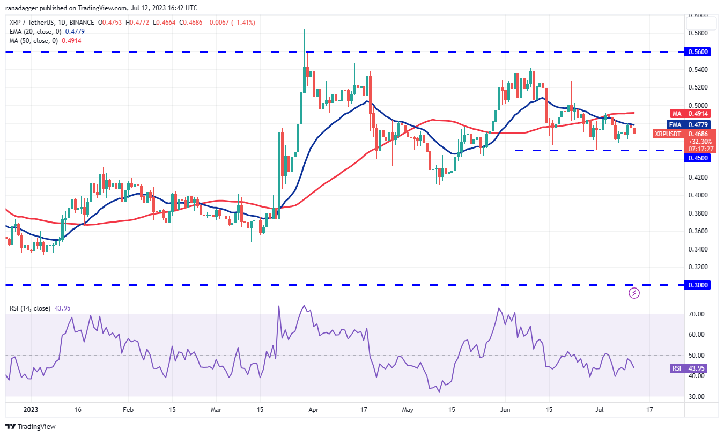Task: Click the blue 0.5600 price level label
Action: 700,52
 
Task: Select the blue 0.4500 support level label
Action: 700,158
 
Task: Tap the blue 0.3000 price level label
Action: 700,285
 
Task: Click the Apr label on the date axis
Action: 314,409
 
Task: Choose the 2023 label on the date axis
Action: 31,409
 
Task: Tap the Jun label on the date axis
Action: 504,409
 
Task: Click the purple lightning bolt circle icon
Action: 634,293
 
